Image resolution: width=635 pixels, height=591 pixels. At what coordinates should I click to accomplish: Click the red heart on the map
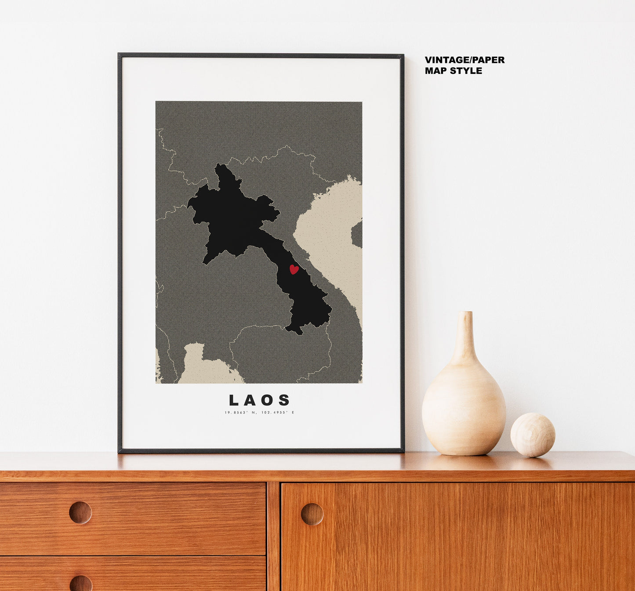[294, 269]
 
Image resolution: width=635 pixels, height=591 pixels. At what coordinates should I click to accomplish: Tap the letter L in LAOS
[234, 400]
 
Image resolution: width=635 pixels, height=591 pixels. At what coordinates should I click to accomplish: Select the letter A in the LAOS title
[250, 400]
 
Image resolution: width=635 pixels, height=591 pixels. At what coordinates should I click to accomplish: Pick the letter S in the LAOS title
[285, 400]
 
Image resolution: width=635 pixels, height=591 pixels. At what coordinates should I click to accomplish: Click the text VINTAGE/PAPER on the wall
[464, 60]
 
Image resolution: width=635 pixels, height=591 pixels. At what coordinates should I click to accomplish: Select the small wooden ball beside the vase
[533, 435]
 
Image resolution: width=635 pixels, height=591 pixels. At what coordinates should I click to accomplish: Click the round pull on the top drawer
[80, 512]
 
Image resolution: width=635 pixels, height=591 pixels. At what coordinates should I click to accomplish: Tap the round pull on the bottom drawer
[81, 584]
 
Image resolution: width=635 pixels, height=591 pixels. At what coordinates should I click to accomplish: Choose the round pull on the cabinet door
[312, 514]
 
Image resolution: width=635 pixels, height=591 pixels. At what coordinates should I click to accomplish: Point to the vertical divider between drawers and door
[273, 536]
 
